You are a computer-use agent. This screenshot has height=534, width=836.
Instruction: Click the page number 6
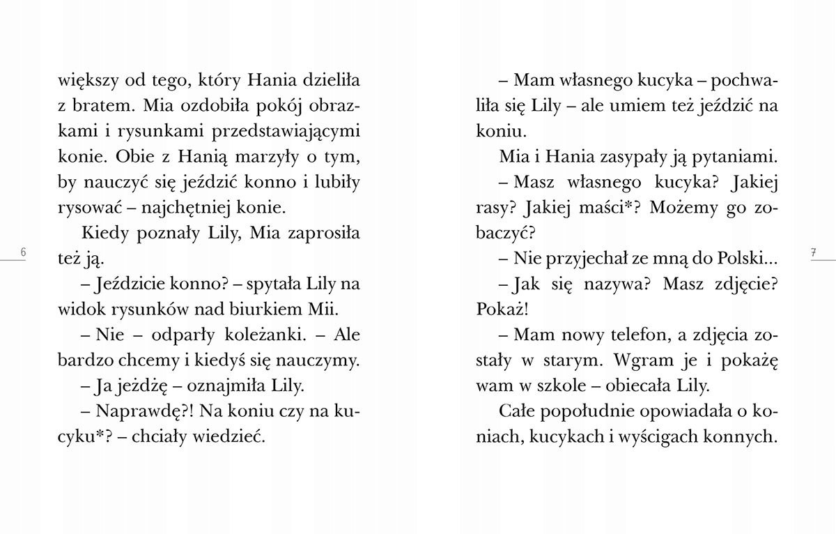tap(23, 252)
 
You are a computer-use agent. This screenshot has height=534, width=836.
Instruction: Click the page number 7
tap(813, 252)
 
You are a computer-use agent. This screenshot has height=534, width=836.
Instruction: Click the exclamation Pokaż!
tap(499, 310)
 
